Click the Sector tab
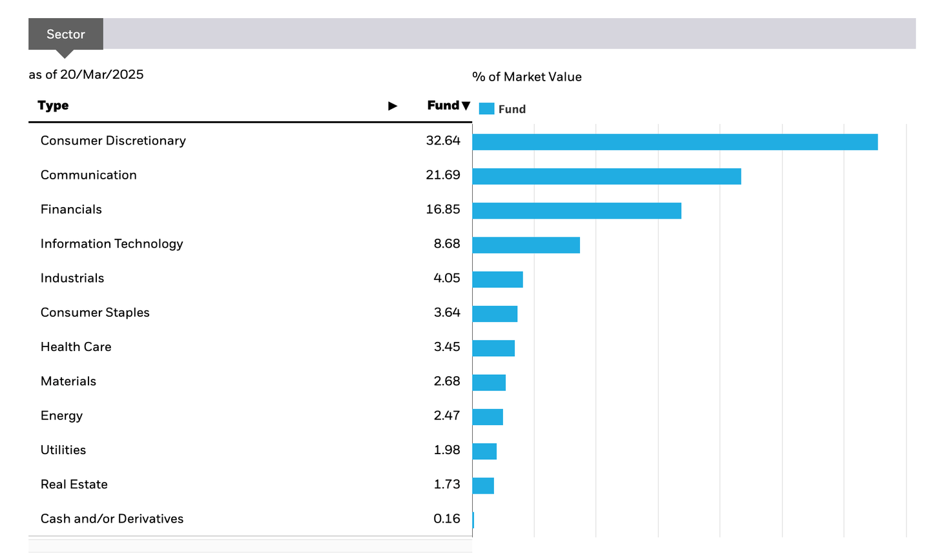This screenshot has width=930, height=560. pos(65,34)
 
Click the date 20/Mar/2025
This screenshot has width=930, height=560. pos(101,74)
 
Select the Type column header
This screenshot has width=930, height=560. pos(53,105)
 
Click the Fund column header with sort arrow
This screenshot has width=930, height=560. pos(448,105)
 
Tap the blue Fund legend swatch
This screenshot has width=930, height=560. pos(486,109)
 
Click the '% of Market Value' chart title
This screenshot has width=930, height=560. pos(527,77)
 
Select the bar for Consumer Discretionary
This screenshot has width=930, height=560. pos(675,142)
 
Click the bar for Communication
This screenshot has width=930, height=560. pos(606,176)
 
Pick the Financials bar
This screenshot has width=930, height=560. pos(577,210)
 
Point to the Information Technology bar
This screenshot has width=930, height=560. pos(526,245)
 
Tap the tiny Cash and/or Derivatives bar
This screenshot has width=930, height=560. pos(473,520)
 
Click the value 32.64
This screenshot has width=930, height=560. pos(443,141)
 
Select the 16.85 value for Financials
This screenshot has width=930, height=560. pos(443,209)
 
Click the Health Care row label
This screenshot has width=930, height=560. pos(76,347)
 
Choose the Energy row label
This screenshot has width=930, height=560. pos(62,415)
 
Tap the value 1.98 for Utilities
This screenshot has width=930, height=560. pos(447,450)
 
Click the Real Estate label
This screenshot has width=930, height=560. pos(74,485)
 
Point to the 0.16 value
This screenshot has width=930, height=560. pos(447,519)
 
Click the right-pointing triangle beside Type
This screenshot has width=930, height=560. pos(393,106)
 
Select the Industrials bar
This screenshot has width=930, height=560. pos(497,279)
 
